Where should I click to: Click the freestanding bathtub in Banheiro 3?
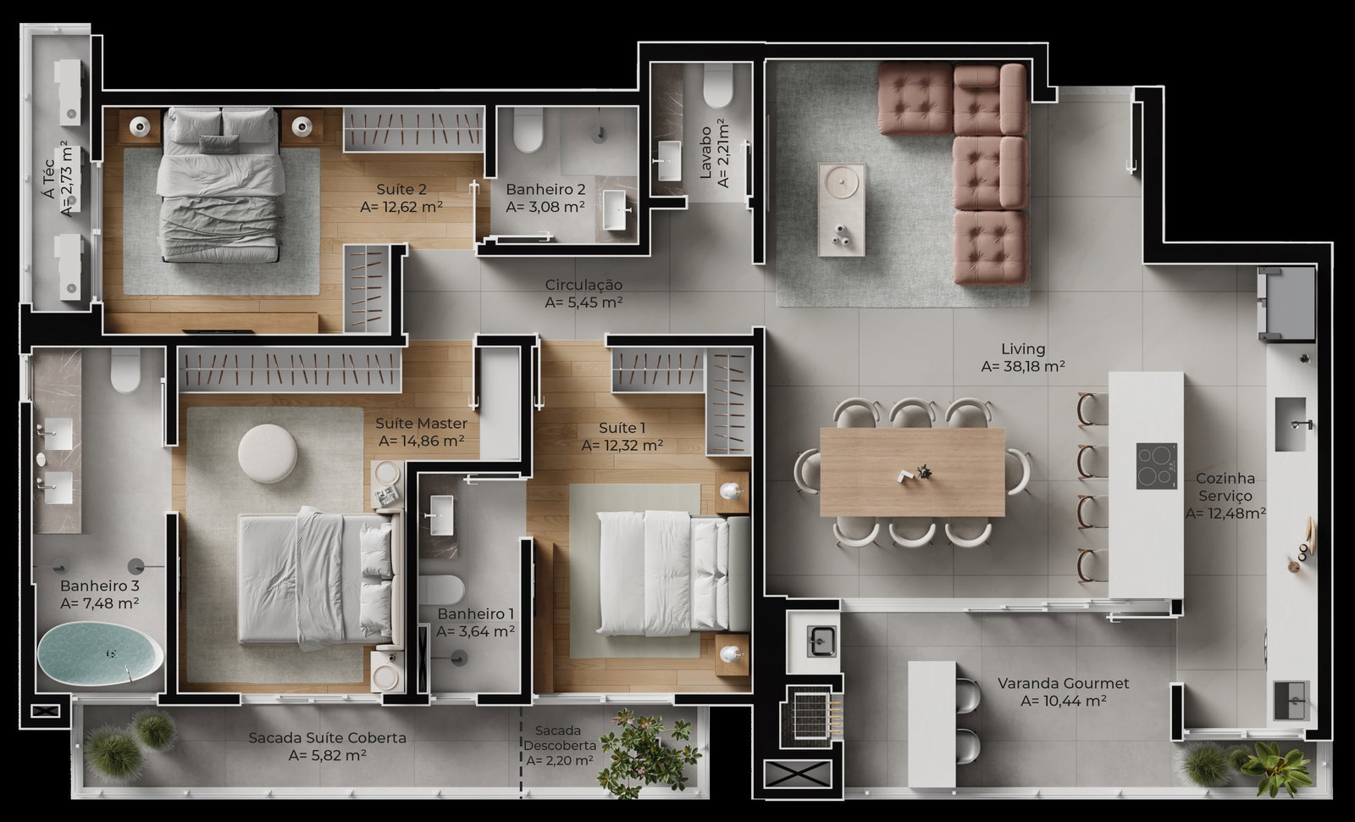[x=100, y=653]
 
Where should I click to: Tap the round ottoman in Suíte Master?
[x=268, y=453]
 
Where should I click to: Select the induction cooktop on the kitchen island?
[x=1157, y=465]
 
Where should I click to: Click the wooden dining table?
[x=912, y=472]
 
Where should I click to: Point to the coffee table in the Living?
[x=842, y=209]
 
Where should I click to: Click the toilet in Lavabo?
[x=718, y=86]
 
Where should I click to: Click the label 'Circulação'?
[x=583, y=285]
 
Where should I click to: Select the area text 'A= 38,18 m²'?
[x=1023, y=366]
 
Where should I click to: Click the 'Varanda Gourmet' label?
[x=1063, y=683]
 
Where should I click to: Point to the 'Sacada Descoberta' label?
[x=559, y=738]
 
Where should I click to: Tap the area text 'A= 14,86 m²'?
[x=421, y=442]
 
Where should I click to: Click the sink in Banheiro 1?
[x=440, y=515]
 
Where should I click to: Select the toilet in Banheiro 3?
[x=126, y=369]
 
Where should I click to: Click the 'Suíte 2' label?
[x=401, y=190]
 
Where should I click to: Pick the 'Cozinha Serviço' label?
[x=1225, y=487]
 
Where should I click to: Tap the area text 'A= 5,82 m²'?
[x=327, y=755]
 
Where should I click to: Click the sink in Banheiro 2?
[x=615, y=210]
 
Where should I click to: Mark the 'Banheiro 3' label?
[x=100, y=586]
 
